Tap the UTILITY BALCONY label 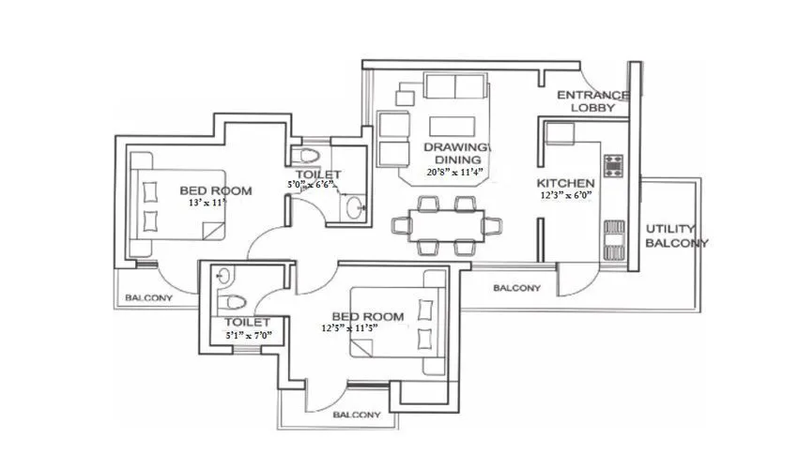676,235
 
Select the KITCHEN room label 565,182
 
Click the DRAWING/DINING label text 457,154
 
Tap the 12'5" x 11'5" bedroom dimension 362,329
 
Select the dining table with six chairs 439,225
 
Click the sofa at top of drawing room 456,87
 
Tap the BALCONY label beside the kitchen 516,288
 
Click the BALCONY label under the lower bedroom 357,414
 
